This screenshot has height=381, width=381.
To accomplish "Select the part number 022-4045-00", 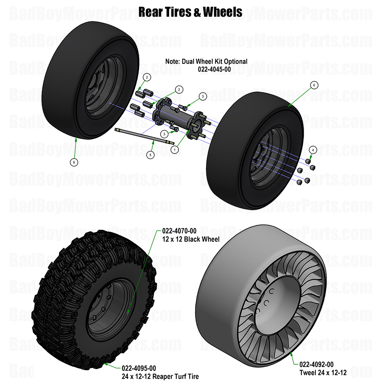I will (x=206, y=69).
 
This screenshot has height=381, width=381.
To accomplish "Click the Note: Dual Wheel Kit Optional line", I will (x=206, y=61).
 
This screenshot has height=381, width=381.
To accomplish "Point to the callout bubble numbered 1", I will (x=175, y=149).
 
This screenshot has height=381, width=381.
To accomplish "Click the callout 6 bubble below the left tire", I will (x=75, y=162).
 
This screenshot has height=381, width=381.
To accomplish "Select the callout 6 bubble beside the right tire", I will (x=315, y=85).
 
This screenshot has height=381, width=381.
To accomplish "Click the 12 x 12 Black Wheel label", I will (x=190, y=239).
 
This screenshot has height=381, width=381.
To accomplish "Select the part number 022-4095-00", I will (x=139, y=368).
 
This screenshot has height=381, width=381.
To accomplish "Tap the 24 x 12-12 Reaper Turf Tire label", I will (x=160, y=376).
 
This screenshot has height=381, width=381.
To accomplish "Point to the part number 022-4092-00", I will (x=316, y=364).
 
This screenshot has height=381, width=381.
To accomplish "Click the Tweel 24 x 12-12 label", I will (x=323, y=372).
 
